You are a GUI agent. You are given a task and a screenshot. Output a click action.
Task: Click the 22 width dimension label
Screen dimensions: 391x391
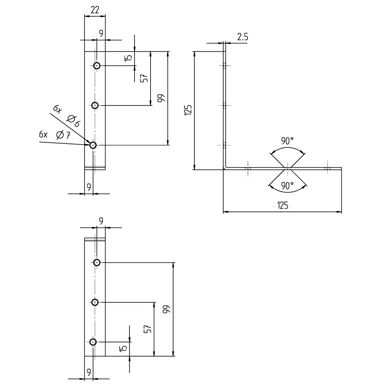click(95, 10)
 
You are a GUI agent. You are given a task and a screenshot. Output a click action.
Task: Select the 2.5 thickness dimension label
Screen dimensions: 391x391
click(242, 37)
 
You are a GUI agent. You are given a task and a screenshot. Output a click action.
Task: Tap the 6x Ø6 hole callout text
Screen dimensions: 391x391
click(66, 116)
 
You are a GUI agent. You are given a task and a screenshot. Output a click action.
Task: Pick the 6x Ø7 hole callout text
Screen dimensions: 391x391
click(55, 135)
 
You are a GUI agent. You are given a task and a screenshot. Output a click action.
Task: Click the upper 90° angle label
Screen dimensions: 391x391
click(287, 141)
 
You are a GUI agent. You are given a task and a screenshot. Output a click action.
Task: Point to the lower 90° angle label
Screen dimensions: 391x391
click(287, 186)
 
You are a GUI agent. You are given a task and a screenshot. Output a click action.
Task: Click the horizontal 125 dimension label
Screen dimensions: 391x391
click(283, 205)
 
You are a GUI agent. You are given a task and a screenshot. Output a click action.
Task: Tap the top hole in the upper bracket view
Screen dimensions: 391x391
click(97, 65)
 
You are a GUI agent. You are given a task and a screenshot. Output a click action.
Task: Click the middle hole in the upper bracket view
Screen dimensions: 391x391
click(95, 105)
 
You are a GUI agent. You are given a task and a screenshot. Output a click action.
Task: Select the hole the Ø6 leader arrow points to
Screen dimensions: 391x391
click(93, 145)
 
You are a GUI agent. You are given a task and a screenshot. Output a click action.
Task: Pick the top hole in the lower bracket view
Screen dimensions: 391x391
click(97, 262)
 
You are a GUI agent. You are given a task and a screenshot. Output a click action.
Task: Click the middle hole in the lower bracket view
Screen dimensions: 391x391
click(95, 302)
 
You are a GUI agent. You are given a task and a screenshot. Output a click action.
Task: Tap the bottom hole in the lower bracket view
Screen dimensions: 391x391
click(93, 342)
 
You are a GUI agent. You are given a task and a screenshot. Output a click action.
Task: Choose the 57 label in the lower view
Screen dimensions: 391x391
click(147, 329)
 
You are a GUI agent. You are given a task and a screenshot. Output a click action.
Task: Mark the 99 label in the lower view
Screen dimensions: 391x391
click(166, 309)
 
